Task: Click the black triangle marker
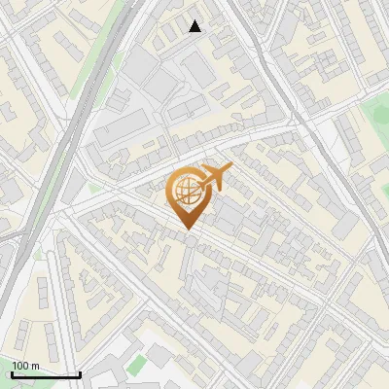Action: (195, 26)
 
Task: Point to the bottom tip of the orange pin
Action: (186, 229)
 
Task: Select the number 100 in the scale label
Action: (21, 366)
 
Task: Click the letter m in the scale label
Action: (37, 366)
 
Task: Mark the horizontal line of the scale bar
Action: (46, 374)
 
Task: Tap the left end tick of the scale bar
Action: (12, 372)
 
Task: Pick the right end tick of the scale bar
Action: (80, 372)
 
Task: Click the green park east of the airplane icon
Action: (374, 122)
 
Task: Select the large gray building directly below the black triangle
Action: (200, 68)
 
